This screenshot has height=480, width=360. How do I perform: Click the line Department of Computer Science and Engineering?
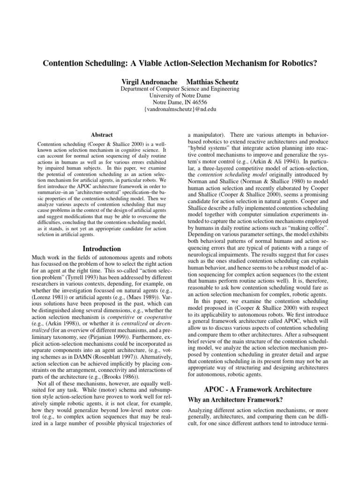180,88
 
